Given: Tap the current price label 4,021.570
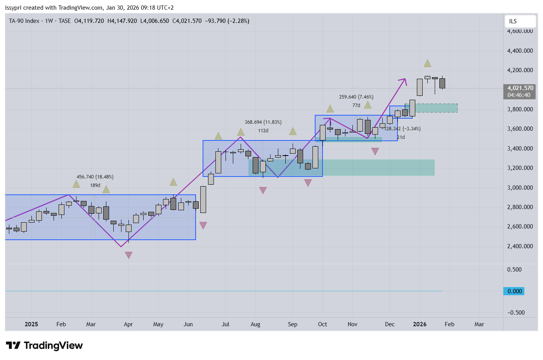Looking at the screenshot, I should click(520, 88).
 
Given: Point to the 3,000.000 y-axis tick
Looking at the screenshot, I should click(520, 188).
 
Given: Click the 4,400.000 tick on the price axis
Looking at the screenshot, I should click(520, 51).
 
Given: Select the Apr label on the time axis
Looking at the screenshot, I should click(128, 324).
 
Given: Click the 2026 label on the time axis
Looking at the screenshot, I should click(420, 324).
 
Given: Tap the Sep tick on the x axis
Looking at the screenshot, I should click(293, 324).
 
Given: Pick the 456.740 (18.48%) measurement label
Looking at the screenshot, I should click(95, 177).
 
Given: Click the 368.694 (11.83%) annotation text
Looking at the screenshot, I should click(263, 122).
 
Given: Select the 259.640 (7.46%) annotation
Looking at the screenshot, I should click(356, 97).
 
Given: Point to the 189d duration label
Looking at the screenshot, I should click(95, 185).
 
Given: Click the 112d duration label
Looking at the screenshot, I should click(263, 131).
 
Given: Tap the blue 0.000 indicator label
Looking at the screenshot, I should click(514, 291).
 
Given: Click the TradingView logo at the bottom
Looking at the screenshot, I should click(44, 345).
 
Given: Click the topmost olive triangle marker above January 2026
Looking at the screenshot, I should click(427, 63).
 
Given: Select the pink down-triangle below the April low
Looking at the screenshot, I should click(128, 255).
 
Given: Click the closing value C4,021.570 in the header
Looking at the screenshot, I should click(187, 21).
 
